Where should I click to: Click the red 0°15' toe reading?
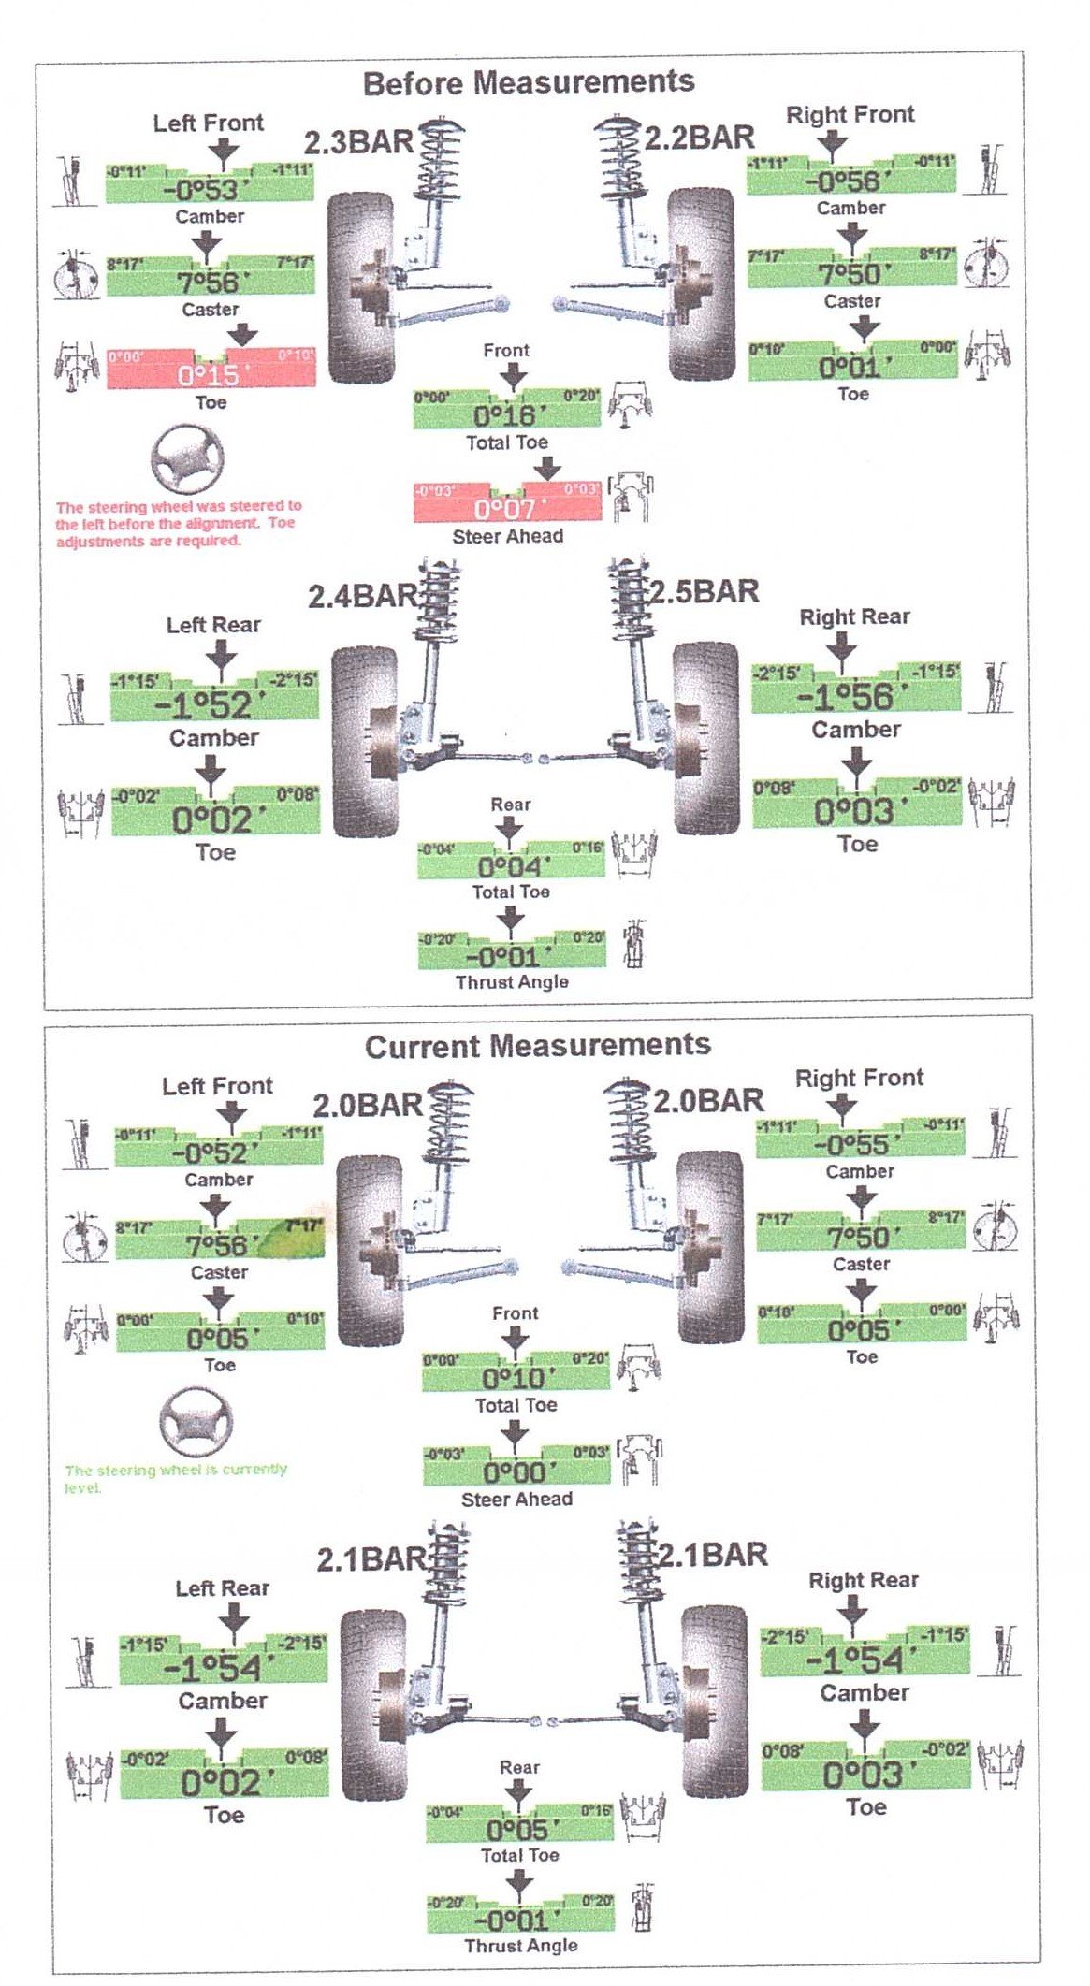(x=211, y=375)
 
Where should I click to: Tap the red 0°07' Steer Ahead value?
(x=507, y=509)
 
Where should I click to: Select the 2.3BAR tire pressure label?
(x=358, y=143)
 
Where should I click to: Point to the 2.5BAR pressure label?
(x=704, y=592)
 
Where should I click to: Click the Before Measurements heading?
(x=529, y=82)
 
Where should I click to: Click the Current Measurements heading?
(x=537, y=1046)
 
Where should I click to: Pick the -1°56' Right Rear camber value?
(x=844, y=697)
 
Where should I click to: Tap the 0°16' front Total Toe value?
(x=505, y=415)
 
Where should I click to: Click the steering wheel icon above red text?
(x=188, y=458)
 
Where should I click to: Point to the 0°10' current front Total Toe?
(x=514, y=1378)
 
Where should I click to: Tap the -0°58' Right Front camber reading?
(x=842, y=181)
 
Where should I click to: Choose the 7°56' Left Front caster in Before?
(x=211, y=282)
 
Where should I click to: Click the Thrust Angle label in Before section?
(x=512, y=981)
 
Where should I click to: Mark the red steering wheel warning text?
(x=178, y=524)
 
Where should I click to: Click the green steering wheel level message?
(x=176, y=1478)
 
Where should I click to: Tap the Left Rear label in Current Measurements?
(x=222, y=1587)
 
